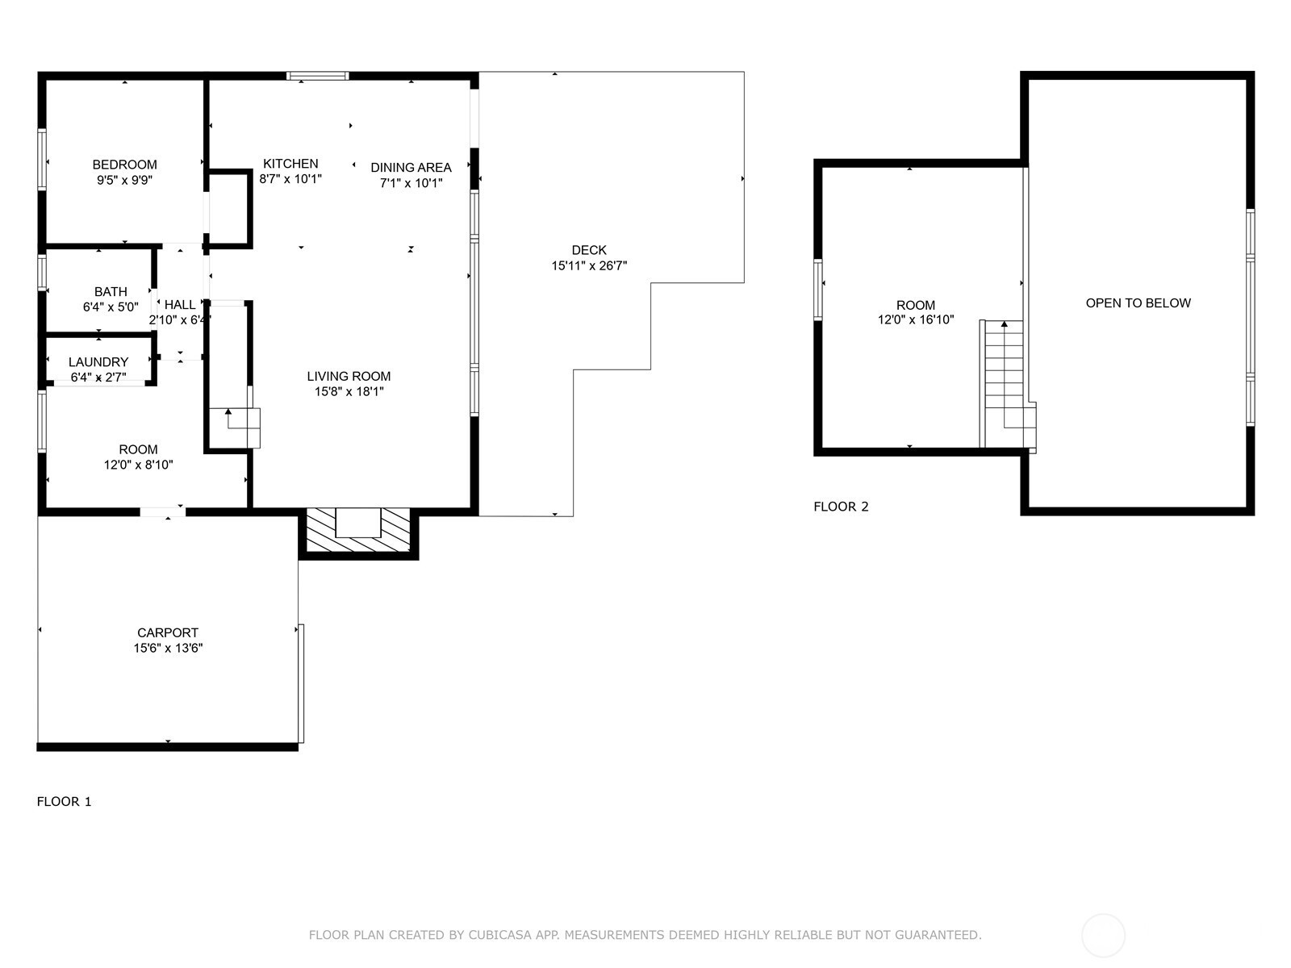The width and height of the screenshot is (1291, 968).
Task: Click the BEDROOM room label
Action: point(125,165)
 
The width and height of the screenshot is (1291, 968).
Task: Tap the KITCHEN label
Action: point(290,164)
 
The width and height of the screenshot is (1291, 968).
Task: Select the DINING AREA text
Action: point(412,168)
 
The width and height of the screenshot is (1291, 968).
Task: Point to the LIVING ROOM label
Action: point(349,376)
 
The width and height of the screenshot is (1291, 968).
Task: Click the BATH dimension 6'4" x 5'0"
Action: point(111,307)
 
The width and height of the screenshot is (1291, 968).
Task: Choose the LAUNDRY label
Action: point(98,362)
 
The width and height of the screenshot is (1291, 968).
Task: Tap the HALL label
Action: point(180,304)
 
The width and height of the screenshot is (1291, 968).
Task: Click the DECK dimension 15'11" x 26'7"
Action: point(589,265)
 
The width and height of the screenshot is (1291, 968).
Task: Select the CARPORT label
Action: point(168,632)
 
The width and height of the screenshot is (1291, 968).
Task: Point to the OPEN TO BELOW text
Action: point(1138,303)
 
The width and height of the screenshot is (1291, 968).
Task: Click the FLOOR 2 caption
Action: point(841,507)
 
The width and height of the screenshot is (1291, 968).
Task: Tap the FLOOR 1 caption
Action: point(64,802)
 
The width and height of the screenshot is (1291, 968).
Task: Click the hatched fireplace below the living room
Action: point(358,530)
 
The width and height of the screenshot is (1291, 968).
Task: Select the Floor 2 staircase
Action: point(1007,385)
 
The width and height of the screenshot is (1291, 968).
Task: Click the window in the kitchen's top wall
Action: point(318,76)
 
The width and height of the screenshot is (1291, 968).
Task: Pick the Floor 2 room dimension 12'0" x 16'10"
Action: point(916,319)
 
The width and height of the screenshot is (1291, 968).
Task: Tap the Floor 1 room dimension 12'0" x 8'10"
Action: point(138,465)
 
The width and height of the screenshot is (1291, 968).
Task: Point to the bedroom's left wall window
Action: point(42,159)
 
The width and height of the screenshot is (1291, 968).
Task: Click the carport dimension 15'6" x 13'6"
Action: point(168,648)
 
